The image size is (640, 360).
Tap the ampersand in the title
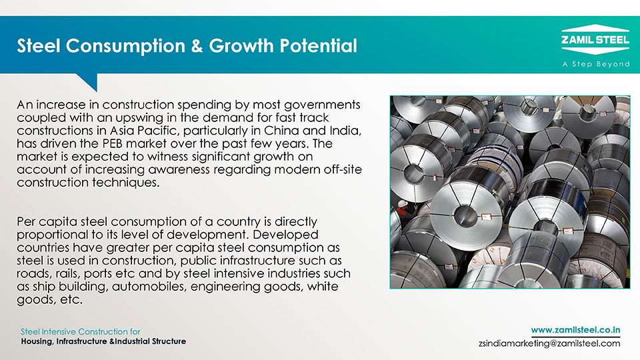tap(197, 46)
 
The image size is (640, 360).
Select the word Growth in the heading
tap(241, 46)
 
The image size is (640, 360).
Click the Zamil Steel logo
tap(595, 39)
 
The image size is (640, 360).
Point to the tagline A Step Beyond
tap(596, 64)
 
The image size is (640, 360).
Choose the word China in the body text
tap(281, 131)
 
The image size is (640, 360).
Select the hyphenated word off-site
tap(343, 169)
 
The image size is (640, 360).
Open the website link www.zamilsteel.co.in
tap(575, 330)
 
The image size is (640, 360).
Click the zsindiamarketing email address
tap(549, 343)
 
